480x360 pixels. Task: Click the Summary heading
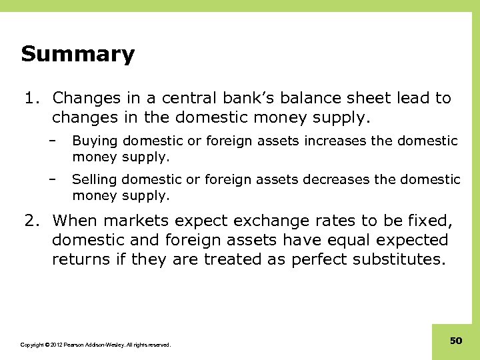(x=77, y=54)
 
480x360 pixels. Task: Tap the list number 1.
(x=30, y=98)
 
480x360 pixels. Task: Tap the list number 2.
(x=30, y=220)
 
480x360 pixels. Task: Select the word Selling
(x=93, y=180)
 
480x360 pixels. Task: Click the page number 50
(x=456, y=341)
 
